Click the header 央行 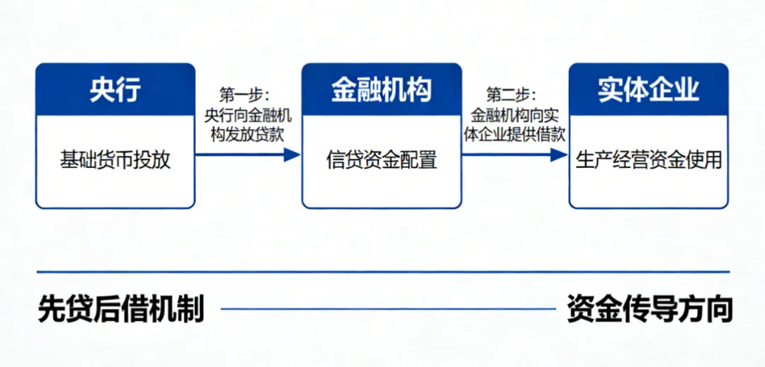(115, 90)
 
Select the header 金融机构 (381, 90)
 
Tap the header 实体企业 (648, 90)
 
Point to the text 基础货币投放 (115, 159)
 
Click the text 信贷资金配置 (381, 159)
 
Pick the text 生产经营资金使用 (648, 159)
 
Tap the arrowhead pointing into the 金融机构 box (293, 154)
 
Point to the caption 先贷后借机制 (121, 310)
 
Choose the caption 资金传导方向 (649, 310)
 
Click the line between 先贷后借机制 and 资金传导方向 (387, 309)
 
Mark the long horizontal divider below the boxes (382, 271)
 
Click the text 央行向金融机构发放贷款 (248, 125)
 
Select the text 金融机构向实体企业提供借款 (514, 125)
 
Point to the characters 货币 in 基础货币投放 (115, 159)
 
